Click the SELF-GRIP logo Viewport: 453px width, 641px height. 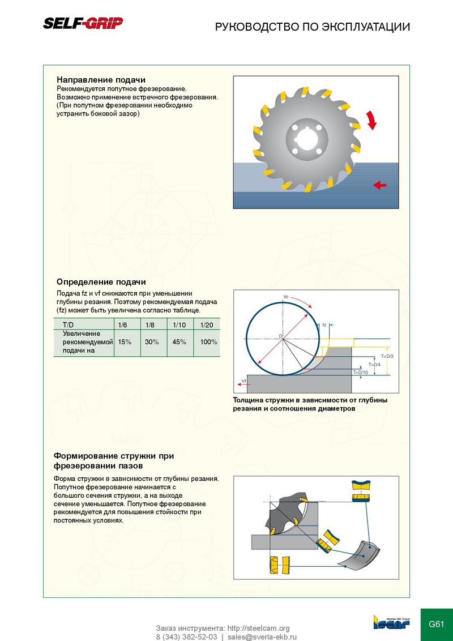[83, 23]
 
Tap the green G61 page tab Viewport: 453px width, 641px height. [437, 625]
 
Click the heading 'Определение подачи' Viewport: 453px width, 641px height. [101, 281]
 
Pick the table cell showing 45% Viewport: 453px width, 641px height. [180, 342]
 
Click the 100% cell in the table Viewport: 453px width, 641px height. [209, 342]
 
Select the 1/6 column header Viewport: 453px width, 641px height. [122, 325]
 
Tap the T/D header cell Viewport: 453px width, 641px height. [69, 325]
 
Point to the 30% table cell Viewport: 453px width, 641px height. [152, 342]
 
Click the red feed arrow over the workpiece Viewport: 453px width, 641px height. [380, 185]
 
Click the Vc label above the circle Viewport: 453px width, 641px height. [285, 297]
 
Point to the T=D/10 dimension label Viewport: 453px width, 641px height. [361, 372]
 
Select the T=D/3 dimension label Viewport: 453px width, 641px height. [387, 356]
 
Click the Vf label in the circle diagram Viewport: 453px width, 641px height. [243, 381]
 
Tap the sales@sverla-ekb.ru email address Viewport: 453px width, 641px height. [262, 636]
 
